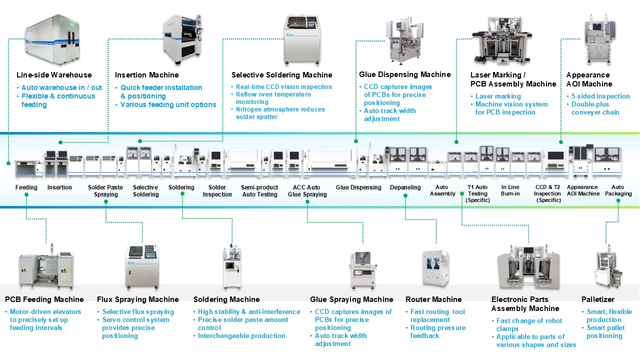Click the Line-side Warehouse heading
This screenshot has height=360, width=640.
click(54, 75)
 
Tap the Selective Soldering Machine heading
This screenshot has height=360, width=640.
click(281, 75)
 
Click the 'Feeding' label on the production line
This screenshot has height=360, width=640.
click(26, 187)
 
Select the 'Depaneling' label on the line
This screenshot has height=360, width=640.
click(405, 187)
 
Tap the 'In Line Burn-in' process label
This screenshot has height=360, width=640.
click(510, 190)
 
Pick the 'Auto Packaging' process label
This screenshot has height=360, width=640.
click(618, 190)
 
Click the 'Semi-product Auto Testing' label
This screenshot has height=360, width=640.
click(259, 190)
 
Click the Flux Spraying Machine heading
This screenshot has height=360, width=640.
click(137, 299)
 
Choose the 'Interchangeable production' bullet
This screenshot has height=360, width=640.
click(241, 336)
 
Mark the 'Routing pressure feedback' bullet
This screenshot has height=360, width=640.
click(437, 332)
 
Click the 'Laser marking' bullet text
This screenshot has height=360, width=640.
click(497, 96)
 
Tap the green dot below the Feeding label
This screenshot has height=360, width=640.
click(26, 201)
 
